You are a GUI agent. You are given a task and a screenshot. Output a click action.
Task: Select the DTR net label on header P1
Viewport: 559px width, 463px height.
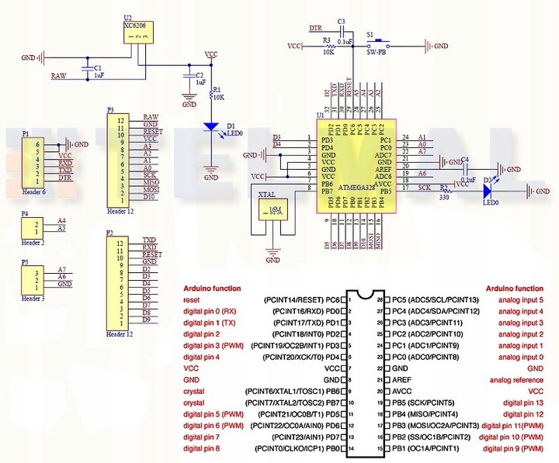coord(64,178)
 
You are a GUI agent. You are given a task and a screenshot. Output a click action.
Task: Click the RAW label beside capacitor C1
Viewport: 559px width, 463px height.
coord(58,76)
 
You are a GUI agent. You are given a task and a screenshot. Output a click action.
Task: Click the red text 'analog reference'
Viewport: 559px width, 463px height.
coord(516,380)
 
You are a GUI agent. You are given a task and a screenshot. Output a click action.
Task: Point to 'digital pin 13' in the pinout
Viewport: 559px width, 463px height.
coord(522,403)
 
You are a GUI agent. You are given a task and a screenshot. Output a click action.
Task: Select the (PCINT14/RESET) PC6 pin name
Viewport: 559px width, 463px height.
coord(304,299)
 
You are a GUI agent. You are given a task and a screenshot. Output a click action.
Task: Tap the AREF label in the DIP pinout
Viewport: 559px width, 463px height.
coord(402,380)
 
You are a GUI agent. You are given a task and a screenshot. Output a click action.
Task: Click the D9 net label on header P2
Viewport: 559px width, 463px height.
coord(146,320)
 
